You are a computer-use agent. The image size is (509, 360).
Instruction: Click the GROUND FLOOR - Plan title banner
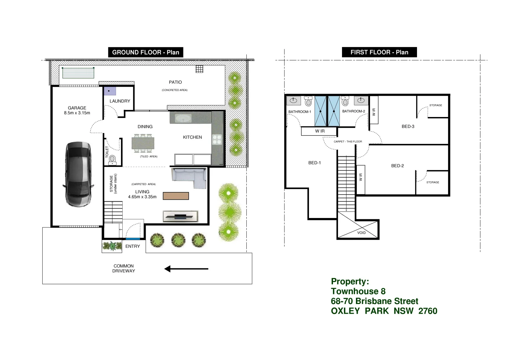pyautogui.click(x=146, y=52)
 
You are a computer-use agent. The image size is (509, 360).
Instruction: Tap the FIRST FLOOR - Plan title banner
pyautogui.click(x=379, y=52)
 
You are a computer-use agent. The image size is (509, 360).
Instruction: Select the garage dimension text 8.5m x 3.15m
pyautogui.click(x=77, y=113)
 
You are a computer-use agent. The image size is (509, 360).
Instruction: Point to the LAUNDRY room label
pyautogui.click(x=120, y=101)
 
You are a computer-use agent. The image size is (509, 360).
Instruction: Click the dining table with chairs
pyautogui.click(x=143, y=143)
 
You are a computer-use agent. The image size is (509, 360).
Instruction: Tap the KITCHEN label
pyautogui.click(x=192, y=137)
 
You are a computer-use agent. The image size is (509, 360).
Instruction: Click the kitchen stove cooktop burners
pyautogui.click(x=217, y=139)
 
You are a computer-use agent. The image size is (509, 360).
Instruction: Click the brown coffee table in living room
pyautogui.click(x=176, y=196)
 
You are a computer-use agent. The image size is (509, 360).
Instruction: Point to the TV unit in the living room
pyautogui.click(x=180, y=216)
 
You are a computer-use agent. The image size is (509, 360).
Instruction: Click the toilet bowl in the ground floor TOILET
pyautogui.click(x=112, y=159)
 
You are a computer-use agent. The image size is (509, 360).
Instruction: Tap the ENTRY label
pyautogui.click(x=133, y=246)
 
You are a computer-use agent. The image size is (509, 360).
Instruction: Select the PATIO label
pyautogui.click(x=175, y=82)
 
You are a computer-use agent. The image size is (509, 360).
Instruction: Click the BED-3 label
pyautogui.click(x=408, y=126)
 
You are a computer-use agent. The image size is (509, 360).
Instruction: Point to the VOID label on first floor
pyautogui.click(x=361, y=233)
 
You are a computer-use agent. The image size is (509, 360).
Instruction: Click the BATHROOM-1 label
pyautogui.click(x=300, y=112)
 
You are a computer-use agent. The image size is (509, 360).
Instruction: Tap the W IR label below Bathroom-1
pyautogui.click(x=320, y=131)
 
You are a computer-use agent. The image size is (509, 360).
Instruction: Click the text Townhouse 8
pyautogui.click(x=358, y=291)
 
